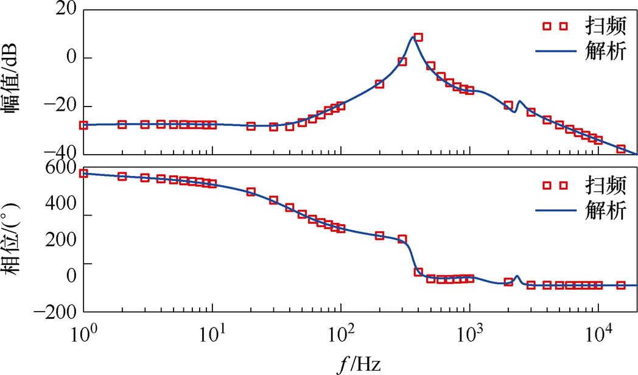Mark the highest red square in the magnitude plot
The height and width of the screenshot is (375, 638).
[x=418, y=37]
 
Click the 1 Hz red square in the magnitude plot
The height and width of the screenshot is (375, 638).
[x=83, y=125]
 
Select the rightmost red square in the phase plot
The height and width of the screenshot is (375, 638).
[x=621, y=285]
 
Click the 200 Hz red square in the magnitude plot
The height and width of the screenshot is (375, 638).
[x=379, y=84]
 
